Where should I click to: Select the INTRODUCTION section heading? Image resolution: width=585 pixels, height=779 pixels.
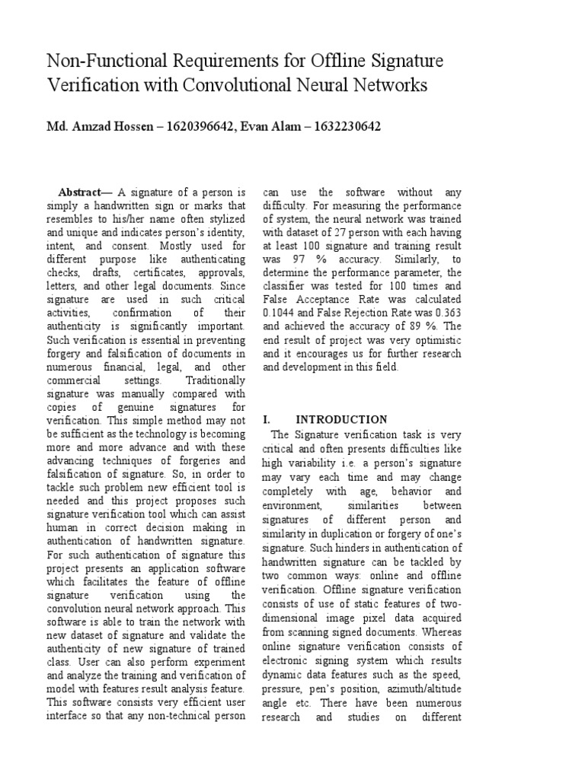click(x=342, y=419)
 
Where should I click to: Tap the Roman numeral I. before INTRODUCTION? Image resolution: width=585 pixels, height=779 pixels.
click(x=267, y=419)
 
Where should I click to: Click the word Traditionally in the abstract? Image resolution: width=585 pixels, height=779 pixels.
click(x=216, y=380)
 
